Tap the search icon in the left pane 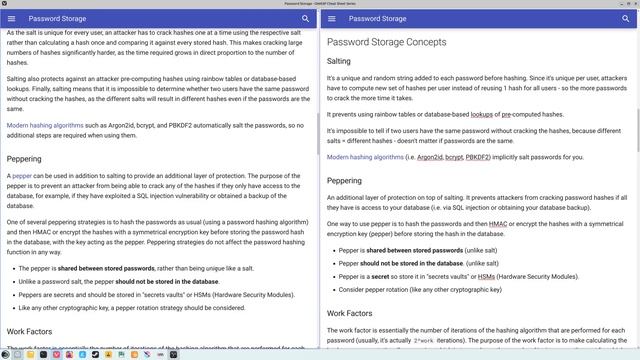[x=305, y=18]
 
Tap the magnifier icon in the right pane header [x=626, y=18]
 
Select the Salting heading [x=339, y=62]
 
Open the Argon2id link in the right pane [x=430, y=157]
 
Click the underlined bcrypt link [x=456, y=157]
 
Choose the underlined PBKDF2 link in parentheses [x=483, y=157]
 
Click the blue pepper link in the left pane [x=22, y=175]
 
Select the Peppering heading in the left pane [x=24, y=158]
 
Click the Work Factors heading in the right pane [x=351, y=313]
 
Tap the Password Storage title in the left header [x=57, y=18]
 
